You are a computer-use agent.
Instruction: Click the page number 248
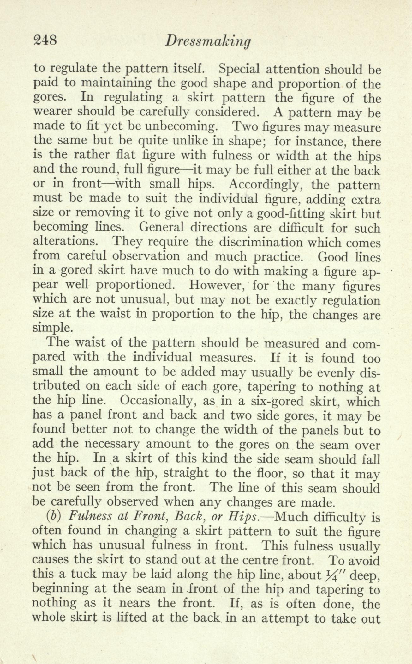pos(45,41)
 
